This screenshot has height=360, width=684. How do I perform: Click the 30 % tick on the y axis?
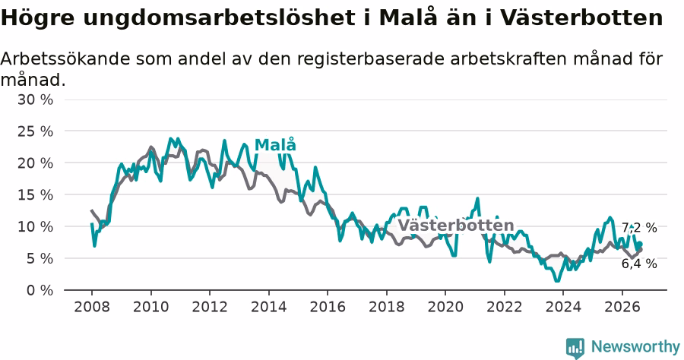(35, 99)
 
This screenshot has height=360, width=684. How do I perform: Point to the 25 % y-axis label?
(35, 131)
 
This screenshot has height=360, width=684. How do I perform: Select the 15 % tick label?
(35, 195)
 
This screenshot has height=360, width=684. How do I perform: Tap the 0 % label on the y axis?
(40, 290)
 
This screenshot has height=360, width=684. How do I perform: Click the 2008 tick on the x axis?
(92, 307)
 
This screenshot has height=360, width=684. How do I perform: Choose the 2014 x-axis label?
(269, 307)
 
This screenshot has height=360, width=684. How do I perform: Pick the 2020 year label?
(445, 307)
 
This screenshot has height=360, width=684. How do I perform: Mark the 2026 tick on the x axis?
(622, 307)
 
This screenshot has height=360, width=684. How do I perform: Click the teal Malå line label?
(275, 145)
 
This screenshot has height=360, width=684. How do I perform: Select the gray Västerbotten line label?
(456, 226)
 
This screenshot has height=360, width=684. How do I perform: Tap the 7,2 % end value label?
(639, 228)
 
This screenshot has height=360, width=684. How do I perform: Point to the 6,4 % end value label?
(639, 264)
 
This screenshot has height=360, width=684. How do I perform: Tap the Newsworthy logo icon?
(575, 348)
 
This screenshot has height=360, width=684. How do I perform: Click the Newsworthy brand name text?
(635, 347)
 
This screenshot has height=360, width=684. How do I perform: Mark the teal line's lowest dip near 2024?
(557, 281)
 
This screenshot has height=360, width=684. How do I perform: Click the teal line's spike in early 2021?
(478, 199)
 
